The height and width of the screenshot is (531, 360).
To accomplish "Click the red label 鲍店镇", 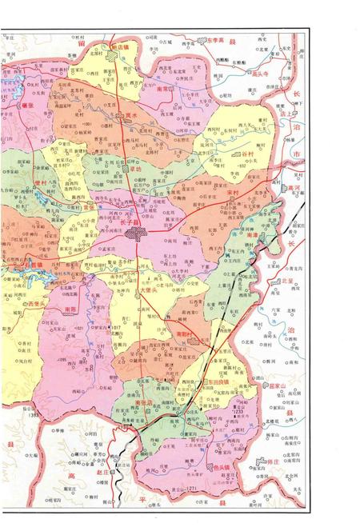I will [x=126, y=48].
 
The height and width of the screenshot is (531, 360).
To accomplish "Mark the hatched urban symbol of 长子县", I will [x=134, y=234].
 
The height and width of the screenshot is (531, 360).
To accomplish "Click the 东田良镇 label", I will [x=215, y=382].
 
